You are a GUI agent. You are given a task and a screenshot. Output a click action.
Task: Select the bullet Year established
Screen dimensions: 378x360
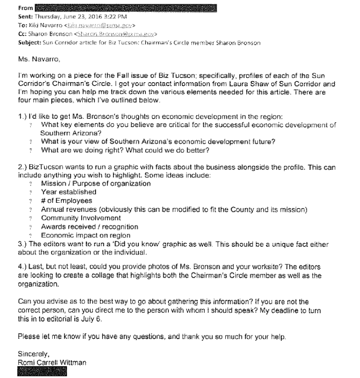click(x=68, y=192)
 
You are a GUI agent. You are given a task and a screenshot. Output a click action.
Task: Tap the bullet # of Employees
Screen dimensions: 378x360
click(x=67, y=200)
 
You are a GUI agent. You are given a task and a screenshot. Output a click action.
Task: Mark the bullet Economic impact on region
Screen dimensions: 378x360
click(x=86, y=235)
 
